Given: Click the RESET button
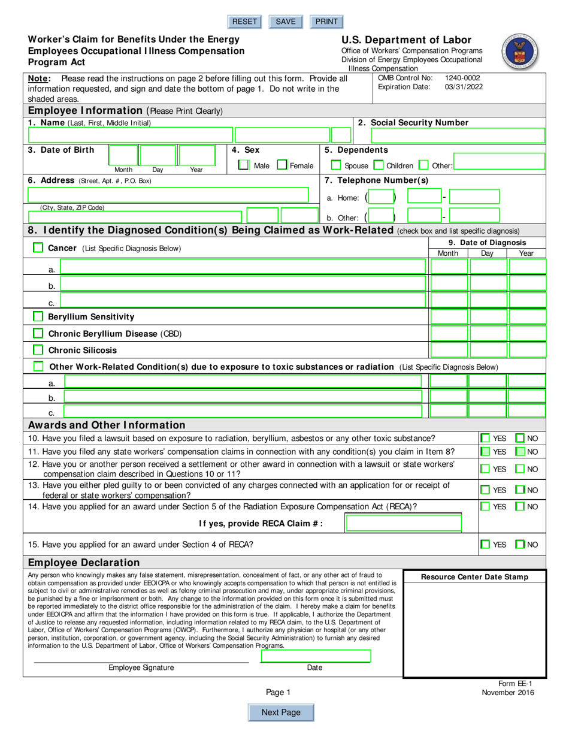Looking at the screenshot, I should [244, 22].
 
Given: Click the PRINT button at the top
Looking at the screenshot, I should [326, 22].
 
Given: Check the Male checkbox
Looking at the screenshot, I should [244, 165].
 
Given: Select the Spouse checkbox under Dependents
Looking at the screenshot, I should [337, 165].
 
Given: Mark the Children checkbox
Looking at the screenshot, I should [379, 165].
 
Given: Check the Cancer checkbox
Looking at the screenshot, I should [38, 247].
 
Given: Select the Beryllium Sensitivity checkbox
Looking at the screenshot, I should [38, 316].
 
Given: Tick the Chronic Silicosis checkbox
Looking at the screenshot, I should [38, 350].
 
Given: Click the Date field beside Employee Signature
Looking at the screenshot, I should [316, 656].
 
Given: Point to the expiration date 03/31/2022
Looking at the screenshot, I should [462, 87].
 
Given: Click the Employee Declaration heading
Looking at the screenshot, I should [84, 563].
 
